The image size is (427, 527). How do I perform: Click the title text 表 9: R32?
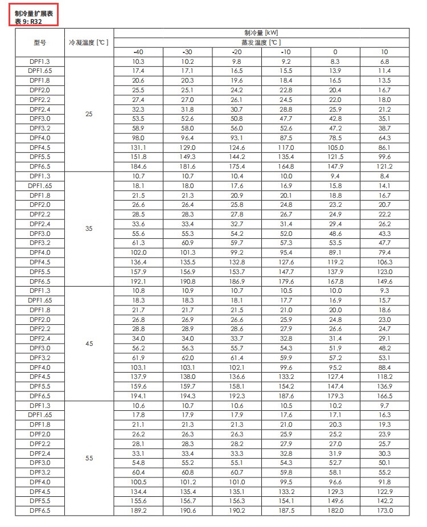(x=28, y=21)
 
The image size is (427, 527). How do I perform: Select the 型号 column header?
(x=39, y=42)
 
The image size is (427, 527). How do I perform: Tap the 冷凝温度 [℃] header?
(x=88, y=42)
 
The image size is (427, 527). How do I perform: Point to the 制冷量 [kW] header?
(x=261, y=32)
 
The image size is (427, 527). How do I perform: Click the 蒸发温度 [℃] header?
(x=261, y=42)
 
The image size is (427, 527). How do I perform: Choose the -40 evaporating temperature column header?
(x=138, y=52)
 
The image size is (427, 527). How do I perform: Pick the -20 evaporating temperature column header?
(x=237, y=52)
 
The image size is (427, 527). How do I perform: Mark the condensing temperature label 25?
(x=88, y=114)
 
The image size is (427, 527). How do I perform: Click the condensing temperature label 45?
(x=88, y=344)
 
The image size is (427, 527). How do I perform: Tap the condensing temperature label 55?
(x=88, y=458)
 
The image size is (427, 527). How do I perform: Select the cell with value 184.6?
(x=138, y=166)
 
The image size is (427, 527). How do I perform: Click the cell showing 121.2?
(x=385, y=166)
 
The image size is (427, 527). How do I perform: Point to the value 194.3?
(x=187, y=396)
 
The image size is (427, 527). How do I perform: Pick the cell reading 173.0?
(x=385, y=510)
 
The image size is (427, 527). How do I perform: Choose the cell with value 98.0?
(x=138, y=138)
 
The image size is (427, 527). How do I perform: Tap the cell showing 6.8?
(x=385, y=61)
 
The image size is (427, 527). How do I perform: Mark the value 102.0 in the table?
(x=138, y=252)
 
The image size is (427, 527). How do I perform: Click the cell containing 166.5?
(x=385, y=396)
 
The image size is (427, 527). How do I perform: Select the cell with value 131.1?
(x=138, y=147)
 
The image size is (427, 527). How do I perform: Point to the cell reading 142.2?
(x=385, y=501)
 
